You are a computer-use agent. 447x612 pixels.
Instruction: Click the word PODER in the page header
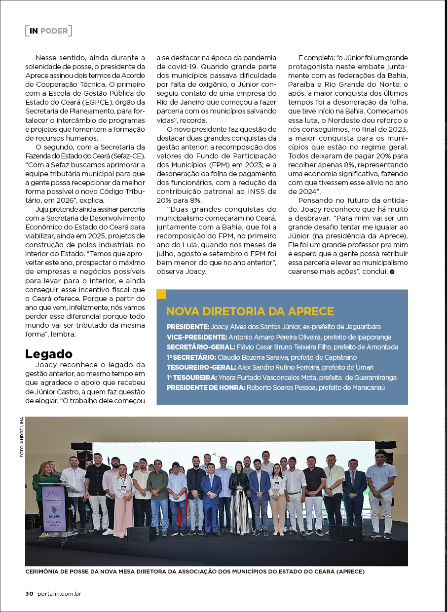click(x=54, y=31)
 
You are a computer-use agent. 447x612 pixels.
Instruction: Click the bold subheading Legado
click(x=49, y=353)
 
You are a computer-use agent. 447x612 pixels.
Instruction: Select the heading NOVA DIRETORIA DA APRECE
click(x=250, y=311)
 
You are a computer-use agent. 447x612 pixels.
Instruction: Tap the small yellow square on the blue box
click(x=161, y=294)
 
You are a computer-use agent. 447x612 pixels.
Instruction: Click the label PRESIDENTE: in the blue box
click(x=187, y=327)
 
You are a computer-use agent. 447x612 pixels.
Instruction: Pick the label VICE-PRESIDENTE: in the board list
click(x=197, y=337)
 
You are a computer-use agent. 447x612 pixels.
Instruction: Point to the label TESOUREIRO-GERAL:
click(x=201, y=367)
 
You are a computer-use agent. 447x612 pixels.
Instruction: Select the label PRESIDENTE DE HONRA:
click(x=206, y=387)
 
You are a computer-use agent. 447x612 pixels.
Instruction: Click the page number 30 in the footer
click(x=29, y=594)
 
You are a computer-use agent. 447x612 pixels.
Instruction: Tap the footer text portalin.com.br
click(x=59, y=594)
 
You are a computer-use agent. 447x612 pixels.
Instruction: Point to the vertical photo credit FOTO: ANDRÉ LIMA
click(x=22, y=437)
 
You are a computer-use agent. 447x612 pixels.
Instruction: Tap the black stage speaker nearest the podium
click(x=141, y=534)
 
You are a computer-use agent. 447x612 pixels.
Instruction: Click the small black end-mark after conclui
click(x=392, y=272)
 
